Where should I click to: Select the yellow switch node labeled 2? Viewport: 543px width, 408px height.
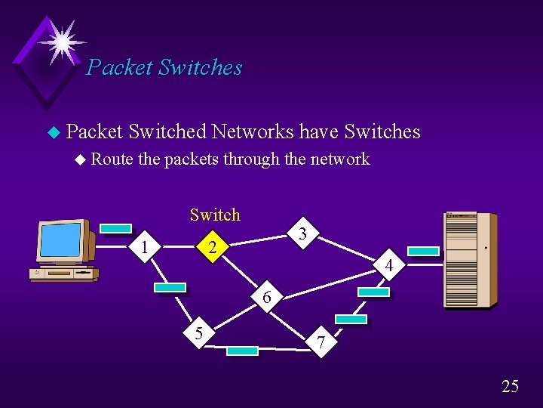[x=213, y=248]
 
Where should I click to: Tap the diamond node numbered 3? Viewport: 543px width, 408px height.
[x=302, y=234]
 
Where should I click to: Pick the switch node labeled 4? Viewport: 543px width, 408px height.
[x=388, y=266]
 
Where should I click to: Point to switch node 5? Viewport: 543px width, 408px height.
[x=199, y=332]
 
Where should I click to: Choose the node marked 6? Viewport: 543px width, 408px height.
[x=267, y=297]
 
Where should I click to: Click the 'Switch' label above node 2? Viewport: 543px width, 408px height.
[x=215, y=215]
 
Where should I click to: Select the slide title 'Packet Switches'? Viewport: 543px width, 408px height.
[x=164, y=67]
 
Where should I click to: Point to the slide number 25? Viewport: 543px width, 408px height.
[x=510, y=387]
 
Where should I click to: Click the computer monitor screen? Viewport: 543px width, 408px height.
[x=60, y=240]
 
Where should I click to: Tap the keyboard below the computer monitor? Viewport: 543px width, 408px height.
[x=63, y=274]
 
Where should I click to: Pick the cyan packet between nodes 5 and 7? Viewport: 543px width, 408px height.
[x=242, y=351]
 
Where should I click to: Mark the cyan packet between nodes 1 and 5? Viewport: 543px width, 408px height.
[x=170, y=287]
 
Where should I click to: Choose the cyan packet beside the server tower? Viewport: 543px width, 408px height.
[x=423, y=252]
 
